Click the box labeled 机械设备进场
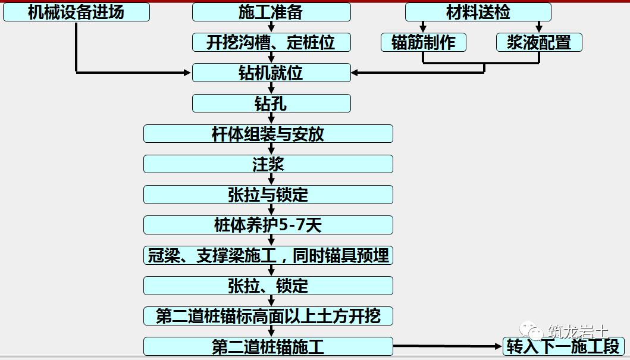pyautogui.click(x=76, y=12)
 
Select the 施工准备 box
pyautogui.click(x=271, y=12)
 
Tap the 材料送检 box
pyautogui.click(x=478, y=12)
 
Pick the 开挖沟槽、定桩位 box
pyautogui.click(x=271, y=42)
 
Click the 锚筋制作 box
pyautogui.click(x=423, y=42)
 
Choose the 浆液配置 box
pyautogui.click(x=539, y=42)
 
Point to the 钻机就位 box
pyautogui.click(x=271, y=73)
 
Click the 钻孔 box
pyautogui.click(x=271, y=104)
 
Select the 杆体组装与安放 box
pyautogui.click(x=268, y=134)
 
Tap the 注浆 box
pyautogui.click(x=268, y=164)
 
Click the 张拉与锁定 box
pyautogui.click(x=268, y=195)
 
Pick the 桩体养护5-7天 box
pyautogui.click(x=268, y=225)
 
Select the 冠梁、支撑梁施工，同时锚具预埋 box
pyautogui.click(x=268, y=255)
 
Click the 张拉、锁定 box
pyautogui.click(x=268, y=286)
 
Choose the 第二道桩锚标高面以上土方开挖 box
pyautogui.click(x=268, y=316)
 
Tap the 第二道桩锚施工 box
pyautogui.click(x=268, y=346)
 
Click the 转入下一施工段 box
pyautogui.click(x=563, y=346)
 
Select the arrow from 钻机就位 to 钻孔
pyautogui.click(x=271, y=88)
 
